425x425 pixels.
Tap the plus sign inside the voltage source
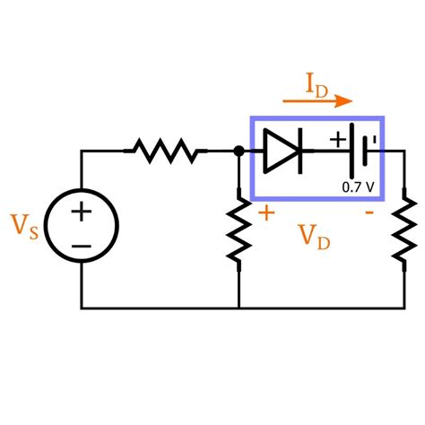click(82, 212)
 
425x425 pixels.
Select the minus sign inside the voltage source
click(82, 245)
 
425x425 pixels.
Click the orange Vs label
click(25, 227)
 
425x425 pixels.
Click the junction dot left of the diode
click(239, 152)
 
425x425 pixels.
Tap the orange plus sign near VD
click(266, 213)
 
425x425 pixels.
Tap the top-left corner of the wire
click(82, 152)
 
